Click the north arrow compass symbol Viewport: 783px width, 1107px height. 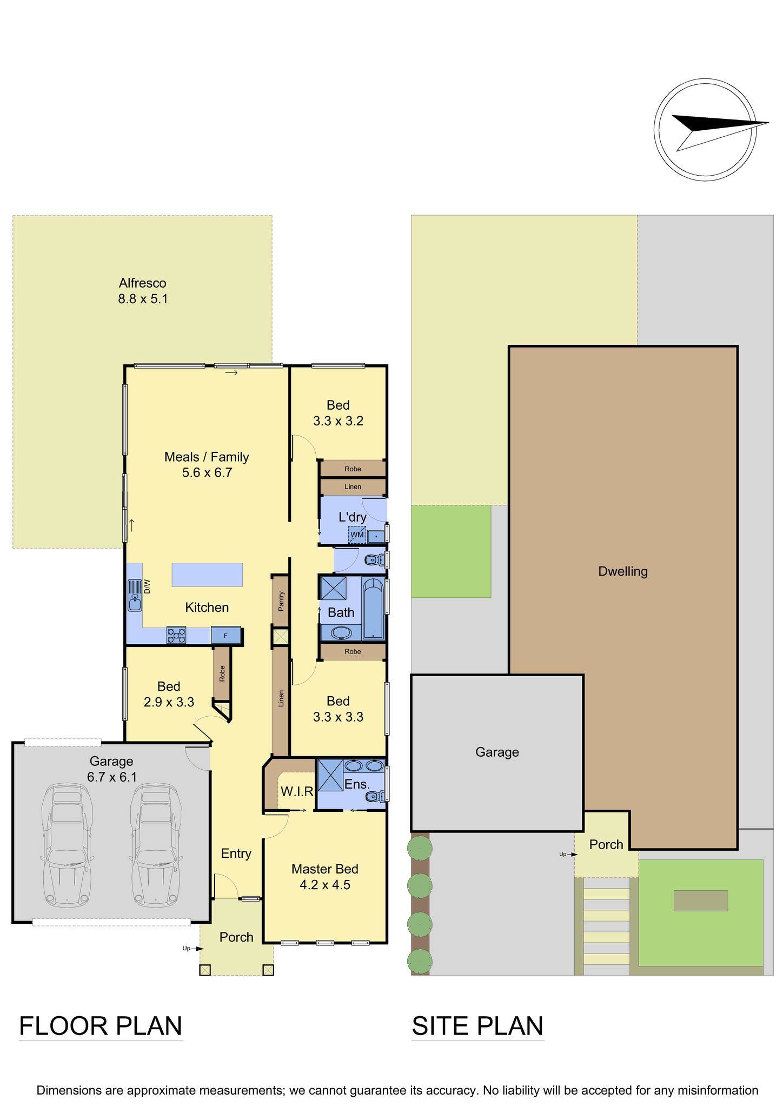[x=705, y=130]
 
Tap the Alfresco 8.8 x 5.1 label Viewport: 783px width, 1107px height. [x=143, y=291]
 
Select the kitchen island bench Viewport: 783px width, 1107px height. [x=207, y=575]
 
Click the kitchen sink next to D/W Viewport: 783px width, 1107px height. [x=134, y=595]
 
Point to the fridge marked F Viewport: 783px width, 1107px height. [x=225, y=636]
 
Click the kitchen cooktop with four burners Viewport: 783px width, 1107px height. [x=176, y=635]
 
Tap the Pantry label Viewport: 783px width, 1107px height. [x=281, y=601]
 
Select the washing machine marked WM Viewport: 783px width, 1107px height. [x=357, y=535]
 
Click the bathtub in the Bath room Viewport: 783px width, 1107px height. [x=373, y=609]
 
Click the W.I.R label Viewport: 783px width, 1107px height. [x=297, y=792]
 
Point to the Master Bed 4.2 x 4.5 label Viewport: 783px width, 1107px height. [x=325, y=877]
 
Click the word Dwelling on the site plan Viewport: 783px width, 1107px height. [x=622, y=571]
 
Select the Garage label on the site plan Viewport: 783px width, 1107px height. [x=497, y=752]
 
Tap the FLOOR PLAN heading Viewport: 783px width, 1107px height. [x=101, y=1026]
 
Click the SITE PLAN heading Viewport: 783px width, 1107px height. [x=477, y=1026]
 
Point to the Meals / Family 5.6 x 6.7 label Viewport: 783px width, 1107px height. [x=207, y=465]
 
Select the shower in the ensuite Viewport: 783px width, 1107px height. [x=330, y=776]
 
